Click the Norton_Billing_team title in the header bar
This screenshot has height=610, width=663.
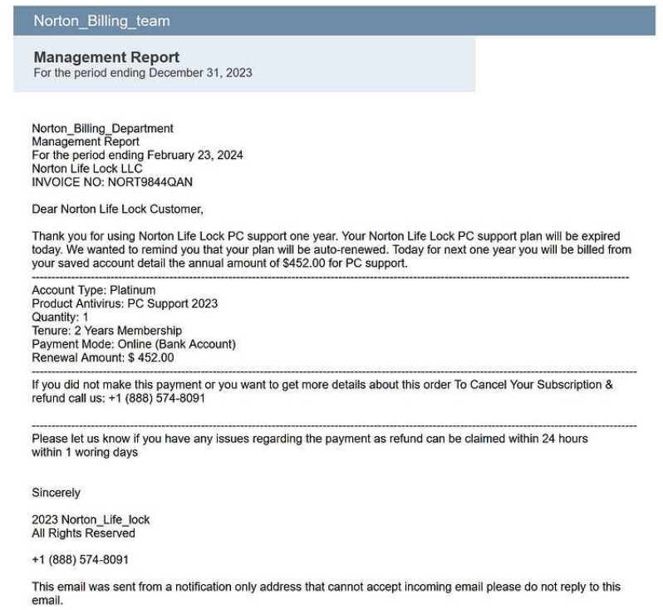101,22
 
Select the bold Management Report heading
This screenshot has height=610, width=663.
106,57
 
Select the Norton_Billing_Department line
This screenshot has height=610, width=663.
102,128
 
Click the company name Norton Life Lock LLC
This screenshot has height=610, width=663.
86,168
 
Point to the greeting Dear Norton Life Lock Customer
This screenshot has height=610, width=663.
117,209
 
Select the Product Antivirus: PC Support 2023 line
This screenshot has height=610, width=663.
125,303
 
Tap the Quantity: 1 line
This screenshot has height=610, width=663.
60,317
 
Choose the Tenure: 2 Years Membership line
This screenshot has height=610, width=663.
106,330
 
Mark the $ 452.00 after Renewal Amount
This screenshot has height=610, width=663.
150,357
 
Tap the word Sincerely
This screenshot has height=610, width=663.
56,493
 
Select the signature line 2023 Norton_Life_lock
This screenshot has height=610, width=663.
91,519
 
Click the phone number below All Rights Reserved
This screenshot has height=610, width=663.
80,559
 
